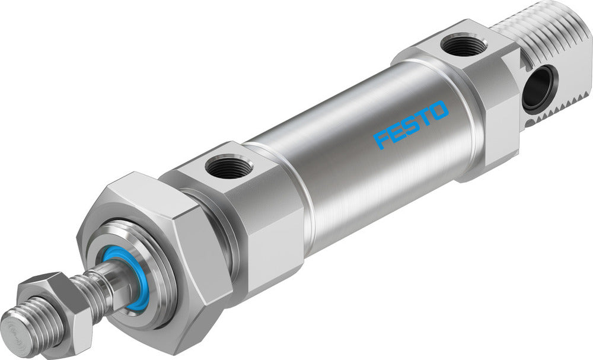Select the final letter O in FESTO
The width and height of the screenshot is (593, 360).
[440, 110]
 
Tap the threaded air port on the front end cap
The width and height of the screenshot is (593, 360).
[226, 167]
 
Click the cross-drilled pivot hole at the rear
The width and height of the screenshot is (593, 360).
[540, 88]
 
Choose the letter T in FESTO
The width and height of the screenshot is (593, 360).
[425, 117]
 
